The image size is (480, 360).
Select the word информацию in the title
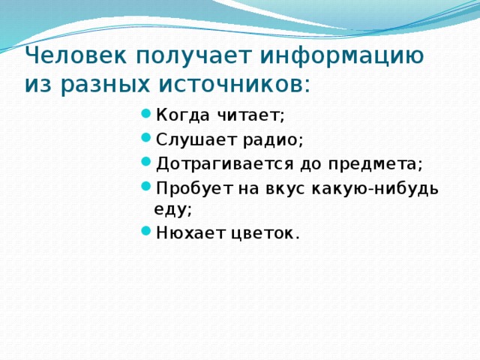click(342, 55)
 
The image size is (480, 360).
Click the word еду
click(172, 211)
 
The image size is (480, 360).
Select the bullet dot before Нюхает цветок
click(145, 233)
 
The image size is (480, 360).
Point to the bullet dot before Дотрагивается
click(145, 163)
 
